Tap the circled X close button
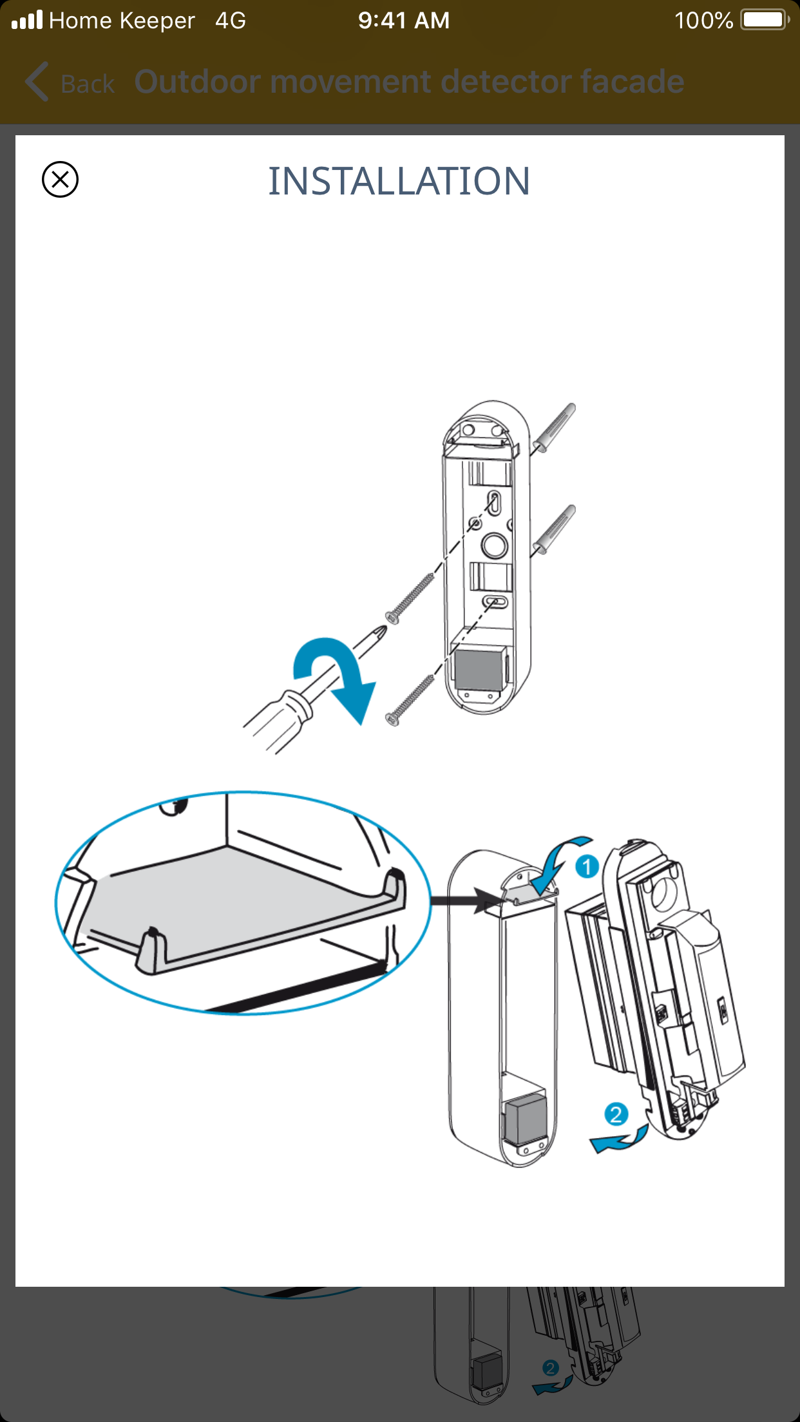[x=60, y=179]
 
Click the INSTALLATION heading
[x=399, y=181]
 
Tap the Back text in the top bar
[x=88, y=84]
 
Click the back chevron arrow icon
[x=37, y=82]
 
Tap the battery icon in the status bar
[x=764, y=20]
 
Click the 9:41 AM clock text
[x=404, y=21]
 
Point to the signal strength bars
[x=27, y=20]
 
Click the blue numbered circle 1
[x=587, y=866]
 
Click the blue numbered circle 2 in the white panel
[x=616, y=1114]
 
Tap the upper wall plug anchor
[x=554, y=428]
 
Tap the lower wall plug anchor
[x=554, y=530]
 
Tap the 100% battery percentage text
[x=703, y=21]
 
